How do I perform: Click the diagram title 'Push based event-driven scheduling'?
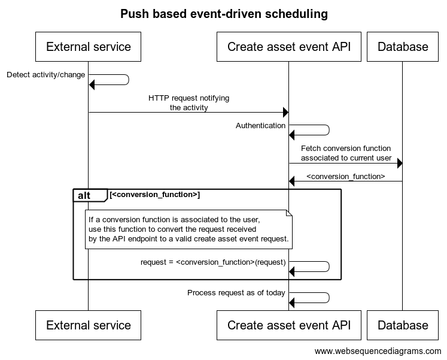224,14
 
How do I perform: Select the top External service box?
88,47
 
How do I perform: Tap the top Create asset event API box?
289,47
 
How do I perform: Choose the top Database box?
403,47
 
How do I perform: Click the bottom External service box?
88,325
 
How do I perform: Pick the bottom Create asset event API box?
289,325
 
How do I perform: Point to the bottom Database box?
403,325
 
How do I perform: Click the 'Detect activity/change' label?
46,75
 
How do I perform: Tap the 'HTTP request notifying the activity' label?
188,102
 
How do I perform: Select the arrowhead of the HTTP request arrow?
285,113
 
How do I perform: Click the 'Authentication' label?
260,126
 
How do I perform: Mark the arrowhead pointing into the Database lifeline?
400,164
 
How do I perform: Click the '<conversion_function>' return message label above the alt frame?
345,177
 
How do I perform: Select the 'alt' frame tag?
90,195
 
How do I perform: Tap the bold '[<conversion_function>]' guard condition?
155,195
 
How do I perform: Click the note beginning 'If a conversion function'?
188,229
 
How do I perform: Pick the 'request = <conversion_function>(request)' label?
213,262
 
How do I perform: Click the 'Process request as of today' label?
236,293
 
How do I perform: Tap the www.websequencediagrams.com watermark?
378,351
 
